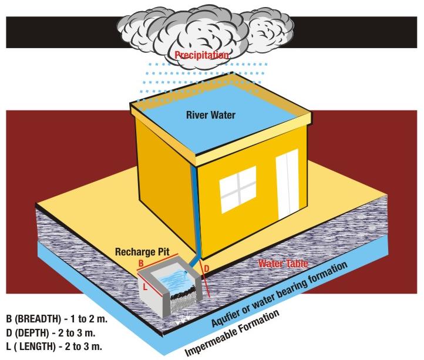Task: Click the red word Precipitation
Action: [x=202, y=55]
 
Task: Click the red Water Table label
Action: [x=283, y=264]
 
